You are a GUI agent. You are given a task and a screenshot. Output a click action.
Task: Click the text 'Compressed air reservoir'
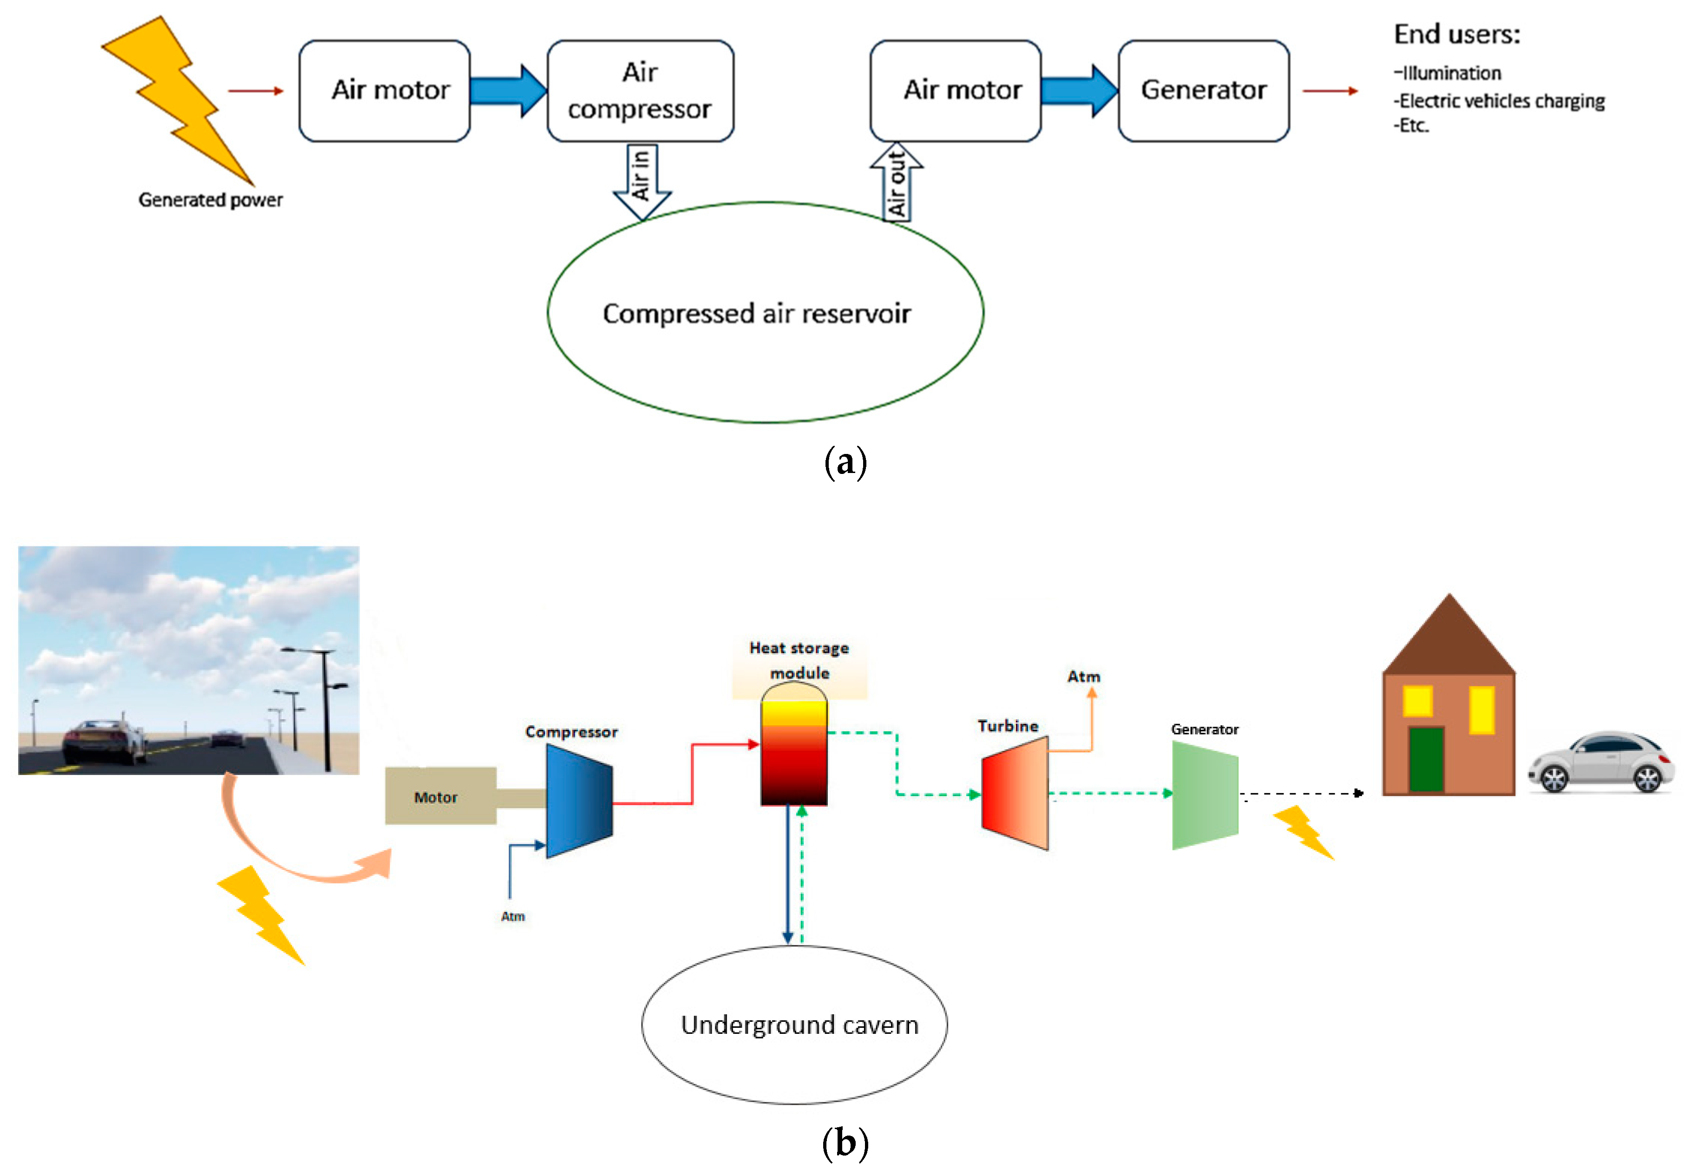[x=756, y=314]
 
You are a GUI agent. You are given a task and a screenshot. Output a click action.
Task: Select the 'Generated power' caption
[x=210, y=200]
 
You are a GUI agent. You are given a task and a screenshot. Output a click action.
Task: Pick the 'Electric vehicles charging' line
[x=1500, y=101]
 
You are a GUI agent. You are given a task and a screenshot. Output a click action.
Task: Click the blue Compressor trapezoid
[x=579, y=801]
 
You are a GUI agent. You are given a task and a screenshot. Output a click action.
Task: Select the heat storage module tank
[x=793, y=748]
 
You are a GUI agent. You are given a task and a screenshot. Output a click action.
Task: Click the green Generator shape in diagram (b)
[x=1205, y=795]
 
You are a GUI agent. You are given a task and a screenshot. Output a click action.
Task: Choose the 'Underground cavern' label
[x=799, y=1025]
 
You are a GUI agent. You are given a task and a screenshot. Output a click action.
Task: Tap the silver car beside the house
[x=1601, y=762]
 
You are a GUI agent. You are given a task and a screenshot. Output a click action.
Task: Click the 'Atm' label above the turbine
[x=1083, y=677]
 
